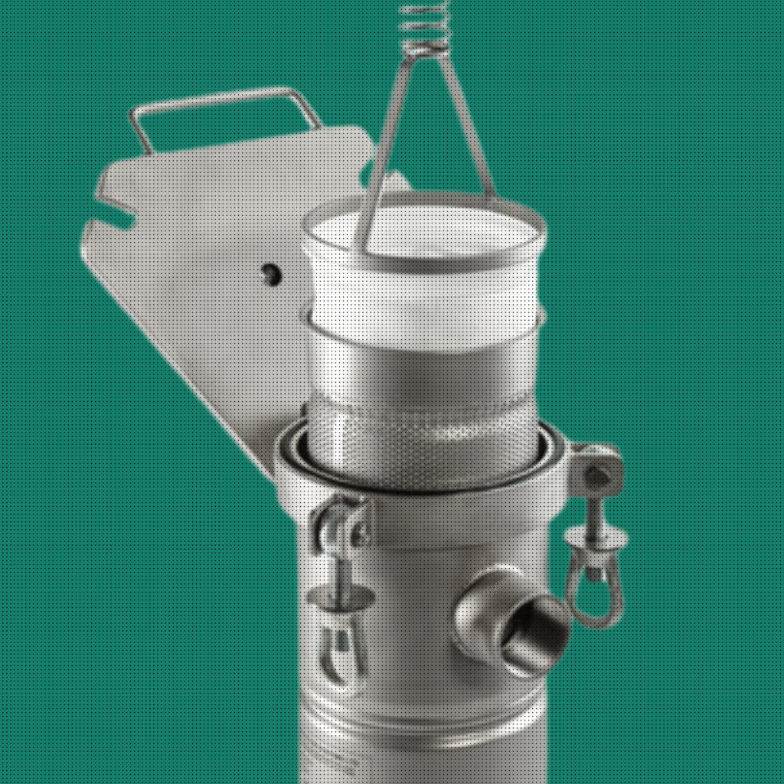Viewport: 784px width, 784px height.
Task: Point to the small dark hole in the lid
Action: (x=270, y=273)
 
